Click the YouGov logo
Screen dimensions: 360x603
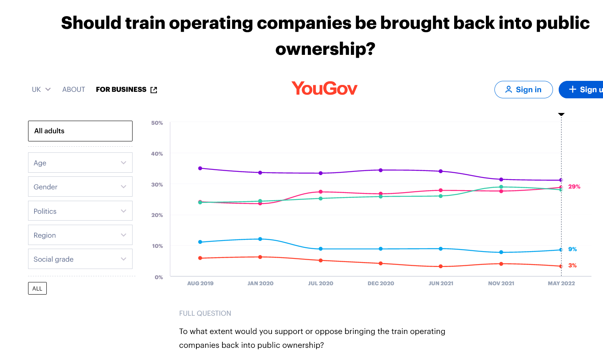click(x=324, y=89)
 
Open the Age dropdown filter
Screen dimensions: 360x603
click(x=80, y=163)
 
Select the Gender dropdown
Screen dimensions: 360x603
click(x=80, y=187)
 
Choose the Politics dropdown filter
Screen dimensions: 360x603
click(x=80, y=211)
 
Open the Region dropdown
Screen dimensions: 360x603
click(x=80, y=235)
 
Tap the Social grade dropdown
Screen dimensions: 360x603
click(x=80, y=259)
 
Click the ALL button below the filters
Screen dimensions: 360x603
click(x=37, y=288)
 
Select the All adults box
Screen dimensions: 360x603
click(x=80, y=131)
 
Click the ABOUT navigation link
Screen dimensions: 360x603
click(x=74, y=89)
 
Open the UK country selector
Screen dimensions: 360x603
click(x=41, y=89)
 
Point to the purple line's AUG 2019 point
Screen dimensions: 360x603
click(x=200, y=168)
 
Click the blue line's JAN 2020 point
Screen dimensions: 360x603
click(x=260, y=239)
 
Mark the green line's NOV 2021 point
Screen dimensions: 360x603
click(x=501, y=187)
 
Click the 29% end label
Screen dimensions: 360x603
click(x=574, y=187)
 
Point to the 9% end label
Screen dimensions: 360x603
click(x=573, y=249)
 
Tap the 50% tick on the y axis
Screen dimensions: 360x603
click(x=157, y=123)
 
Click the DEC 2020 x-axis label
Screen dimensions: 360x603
click(x=381, y=283)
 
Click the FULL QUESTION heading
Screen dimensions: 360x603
click(x=205, y=313)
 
